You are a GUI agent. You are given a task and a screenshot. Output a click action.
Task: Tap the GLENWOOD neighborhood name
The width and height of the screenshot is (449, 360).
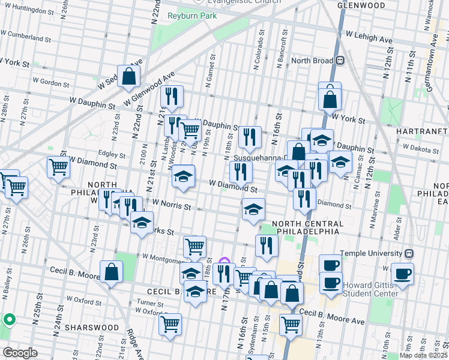pyautogui.click(x=361, y=5)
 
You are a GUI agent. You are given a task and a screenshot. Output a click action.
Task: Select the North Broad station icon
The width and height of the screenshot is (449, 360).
pyautogui.click(x=340, y=61)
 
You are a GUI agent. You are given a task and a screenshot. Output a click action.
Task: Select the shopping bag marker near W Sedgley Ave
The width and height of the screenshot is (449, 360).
pyautogui.click(x=128, y=76)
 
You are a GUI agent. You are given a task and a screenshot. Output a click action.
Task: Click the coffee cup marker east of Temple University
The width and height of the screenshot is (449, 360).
pyautogui.click(x=402, y=273)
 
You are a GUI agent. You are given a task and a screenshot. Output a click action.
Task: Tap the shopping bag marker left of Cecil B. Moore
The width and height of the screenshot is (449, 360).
pyautogui.click(x=111, y=271)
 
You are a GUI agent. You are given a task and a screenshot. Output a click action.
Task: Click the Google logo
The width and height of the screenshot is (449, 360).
pyautogui.click(x=20, y=353)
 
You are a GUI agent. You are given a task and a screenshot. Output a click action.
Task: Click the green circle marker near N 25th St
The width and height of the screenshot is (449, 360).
pyautogui.click(x=8, y=319)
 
